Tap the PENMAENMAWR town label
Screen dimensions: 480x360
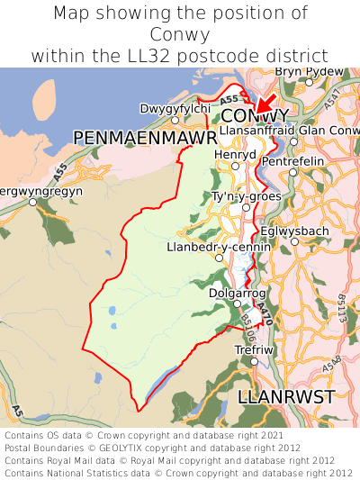(x=145, y=137)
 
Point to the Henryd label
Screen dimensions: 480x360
(x=236, y=154)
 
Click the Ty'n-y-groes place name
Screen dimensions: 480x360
(x=247, y=196)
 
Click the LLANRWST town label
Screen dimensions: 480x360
(x=286, y=397)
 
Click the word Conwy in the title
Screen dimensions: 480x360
(x=180, y=34)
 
